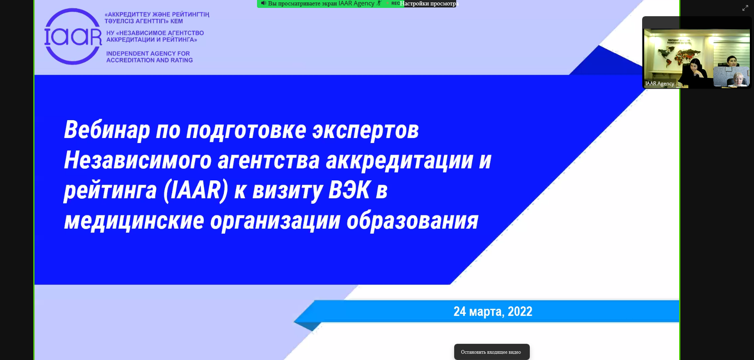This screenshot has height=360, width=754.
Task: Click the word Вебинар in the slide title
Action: pos(107,130)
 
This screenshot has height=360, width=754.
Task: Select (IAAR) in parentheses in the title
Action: pos(196,190)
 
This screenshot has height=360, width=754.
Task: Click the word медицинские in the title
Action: pos(134,221)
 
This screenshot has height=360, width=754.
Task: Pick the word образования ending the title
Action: pos(413,221)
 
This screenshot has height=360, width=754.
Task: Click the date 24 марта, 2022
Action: pos(493,311)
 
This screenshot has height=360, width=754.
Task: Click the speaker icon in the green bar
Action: pos(263,3)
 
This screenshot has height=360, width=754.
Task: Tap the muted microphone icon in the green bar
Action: pos(379,3)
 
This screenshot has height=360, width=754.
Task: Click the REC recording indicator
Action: pos(395,3)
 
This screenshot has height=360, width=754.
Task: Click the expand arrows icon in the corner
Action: pos(745,8)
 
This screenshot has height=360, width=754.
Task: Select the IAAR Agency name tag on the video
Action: pos(660,84)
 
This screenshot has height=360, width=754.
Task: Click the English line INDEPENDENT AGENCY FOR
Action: pos(148,54)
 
